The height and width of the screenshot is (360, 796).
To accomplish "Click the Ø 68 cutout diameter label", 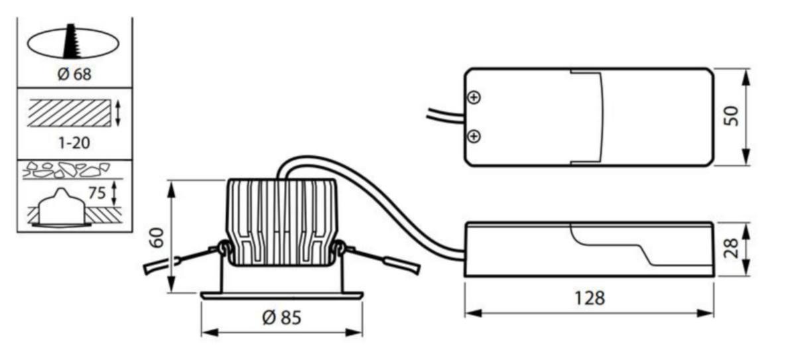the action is [74, 74].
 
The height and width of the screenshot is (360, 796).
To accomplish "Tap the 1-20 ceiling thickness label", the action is [74, 143].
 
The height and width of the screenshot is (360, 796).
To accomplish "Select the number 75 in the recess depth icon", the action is [97, 193].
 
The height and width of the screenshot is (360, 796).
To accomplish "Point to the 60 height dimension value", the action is [157, 237].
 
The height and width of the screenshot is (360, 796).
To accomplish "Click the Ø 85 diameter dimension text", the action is [282, 318].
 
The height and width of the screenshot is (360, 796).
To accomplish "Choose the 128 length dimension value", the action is [590, 298].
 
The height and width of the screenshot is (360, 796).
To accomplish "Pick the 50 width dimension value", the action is [731, 116].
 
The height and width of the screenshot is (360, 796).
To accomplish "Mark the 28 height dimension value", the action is [731, 248].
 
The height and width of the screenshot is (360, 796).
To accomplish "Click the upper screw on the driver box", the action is [474, 97].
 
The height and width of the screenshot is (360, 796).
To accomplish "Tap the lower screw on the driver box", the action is [474, 136].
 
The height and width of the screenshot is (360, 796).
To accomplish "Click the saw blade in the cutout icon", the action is [72, 41].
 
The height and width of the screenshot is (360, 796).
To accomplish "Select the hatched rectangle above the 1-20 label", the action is [69, 113].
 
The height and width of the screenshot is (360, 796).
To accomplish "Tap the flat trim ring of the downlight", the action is [282, 296].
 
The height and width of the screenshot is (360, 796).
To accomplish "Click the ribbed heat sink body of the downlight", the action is [281, 222].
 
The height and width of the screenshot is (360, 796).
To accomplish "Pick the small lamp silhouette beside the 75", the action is [62, 208].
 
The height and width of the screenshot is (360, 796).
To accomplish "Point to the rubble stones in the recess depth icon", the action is [66, 170].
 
